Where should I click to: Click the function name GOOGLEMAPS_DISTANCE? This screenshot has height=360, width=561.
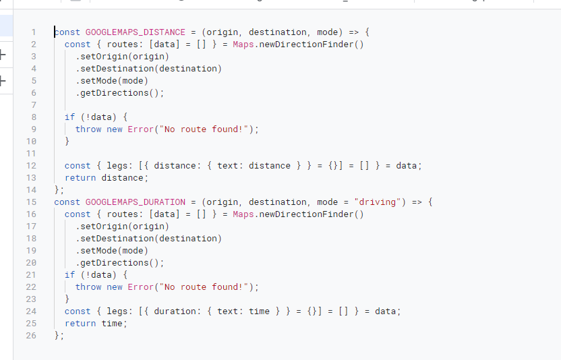click(135, 32)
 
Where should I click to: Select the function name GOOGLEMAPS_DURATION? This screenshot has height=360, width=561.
click(135, 202)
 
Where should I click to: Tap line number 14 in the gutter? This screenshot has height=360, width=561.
click(32, 190)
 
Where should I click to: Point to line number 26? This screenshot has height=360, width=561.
click(32, 336)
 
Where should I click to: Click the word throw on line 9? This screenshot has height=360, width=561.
click(88, 129)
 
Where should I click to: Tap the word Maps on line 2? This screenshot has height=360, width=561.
click(243, 44)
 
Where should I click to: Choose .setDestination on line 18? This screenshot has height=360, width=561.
click(117, 239)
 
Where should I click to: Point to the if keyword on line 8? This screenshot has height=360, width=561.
click(69, 117)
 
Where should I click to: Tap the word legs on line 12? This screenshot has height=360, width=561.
click(117, 166)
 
